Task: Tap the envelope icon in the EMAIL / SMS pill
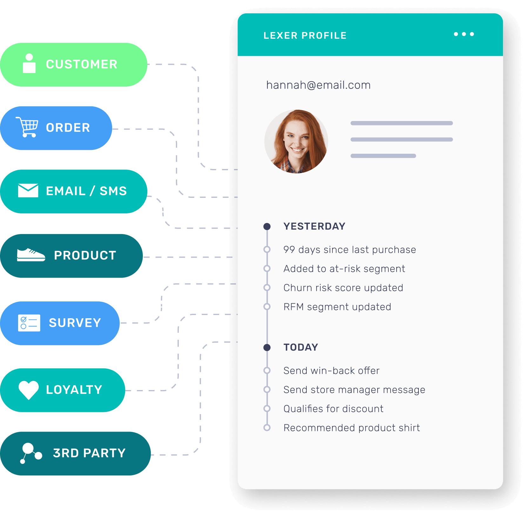tap(28, 191)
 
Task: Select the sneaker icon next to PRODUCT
tap(31, 255)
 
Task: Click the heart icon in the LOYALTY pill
tap(29, 389)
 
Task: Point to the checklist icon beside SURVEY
tap(29, 323)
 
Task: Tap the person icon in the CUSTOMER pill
tap(29, 64)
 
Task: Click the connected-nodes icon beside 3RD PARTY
tap(30, 453)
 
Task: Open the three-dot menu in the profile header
tap(464, 34)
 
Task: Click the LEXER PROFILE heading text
tap(305, 36)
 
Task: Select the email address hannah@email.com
tap(318, 85)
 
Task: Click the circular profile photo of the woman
tap(296, 142)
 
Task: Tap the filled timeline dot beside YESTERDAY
tap(267, 226)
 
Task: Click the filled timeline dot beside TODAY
tap(267, 347)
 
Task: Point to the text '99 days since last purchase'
tap(349, 250)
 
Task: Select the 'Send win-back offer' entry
tap(331, 371)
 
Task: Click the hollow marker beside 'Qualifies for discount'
tap(267, 408)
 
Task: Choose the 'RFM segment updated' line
tap(337, 307)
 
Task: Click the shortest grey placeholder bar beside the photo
tap(383, 156)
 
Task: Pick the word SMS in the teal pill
tap(113, 191)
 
